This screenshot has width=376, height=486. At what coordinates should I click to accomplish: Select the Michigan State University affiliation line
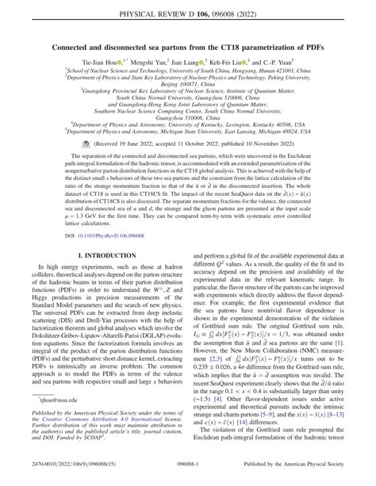point(188,134)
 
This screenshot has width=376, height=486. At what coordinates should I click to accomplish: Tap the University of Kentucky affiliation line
point(188,125)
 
